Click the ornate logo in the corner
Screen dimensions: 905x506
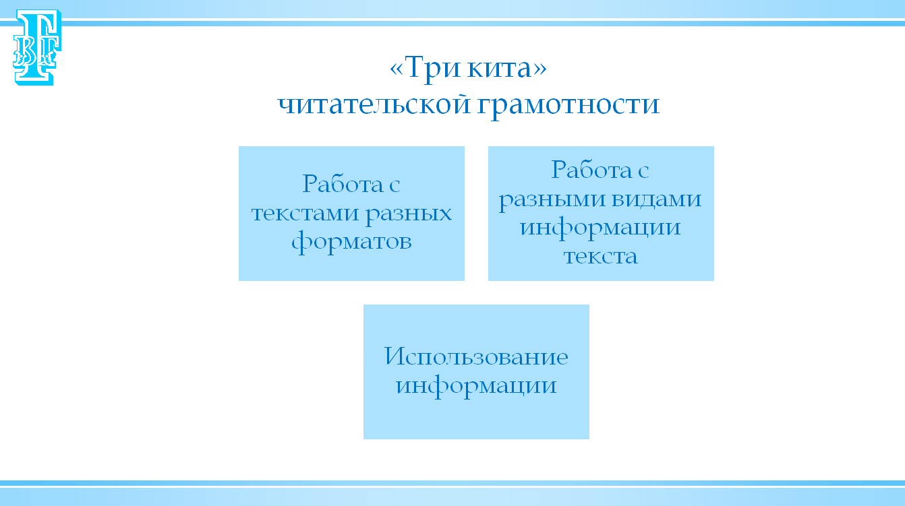tap(37, 47)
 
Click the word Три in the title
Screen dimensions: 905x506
tap(432, 68)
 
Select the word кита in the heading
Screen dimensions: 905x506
tap(500, 68)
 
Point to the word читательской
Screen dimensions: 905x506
tap(374, 104)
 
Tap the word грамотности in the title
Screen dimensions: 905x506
tap(568, 106)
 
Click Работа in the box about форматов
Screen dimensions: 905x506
tap(343, 184)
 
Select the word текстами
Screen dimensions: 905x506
tap(305, 214)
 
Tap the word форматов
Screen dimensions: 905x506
tap(351, 242)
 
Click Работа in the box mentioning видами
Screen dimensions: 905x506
tap(592, 170)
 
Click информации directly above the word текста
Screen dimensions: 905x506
tap(600, 228)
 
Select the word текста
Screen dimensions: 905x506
tap(601, 256)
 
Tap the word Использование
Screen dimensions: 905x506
tap(476, 356)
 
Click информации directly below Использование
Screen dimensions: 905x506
tap(476, 387)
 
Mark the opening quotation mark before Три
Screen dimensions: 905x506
tap(397, 69)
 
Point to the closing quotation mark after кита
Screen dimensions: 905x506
tap(540, 69)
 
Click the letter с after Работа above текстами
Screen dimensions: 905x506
tap(395, 185)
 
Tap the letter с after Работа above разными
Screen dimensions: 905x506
tap(644, 172)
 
